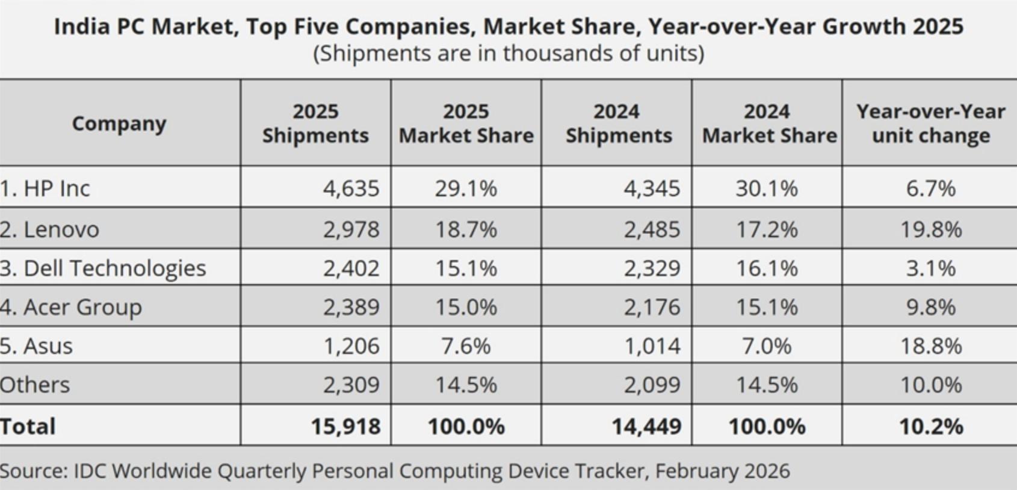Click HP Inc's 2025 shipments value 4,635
351,188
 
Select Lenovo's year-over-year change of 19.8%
930,229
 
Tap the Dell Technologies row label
103,268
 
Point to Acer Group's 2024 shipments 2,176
652,307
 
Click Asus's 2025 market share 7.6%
466,346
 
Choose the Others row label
35,385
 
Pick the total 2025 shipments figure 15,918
345,426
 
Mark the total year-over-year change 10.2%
930,426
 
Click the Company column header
119,123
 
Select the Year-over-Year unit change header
930,123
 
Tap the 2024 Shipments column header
618,123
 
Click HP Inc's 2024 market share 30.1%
766,188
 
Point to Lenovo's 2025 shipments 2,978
351,229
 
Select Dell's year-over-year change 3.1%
930,268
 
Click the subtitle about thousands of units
508,54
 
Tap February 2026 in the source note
722,471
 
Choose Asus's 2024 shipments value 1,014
652,346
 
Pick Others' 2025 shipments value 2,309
351,385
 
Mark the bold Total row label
28,426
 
